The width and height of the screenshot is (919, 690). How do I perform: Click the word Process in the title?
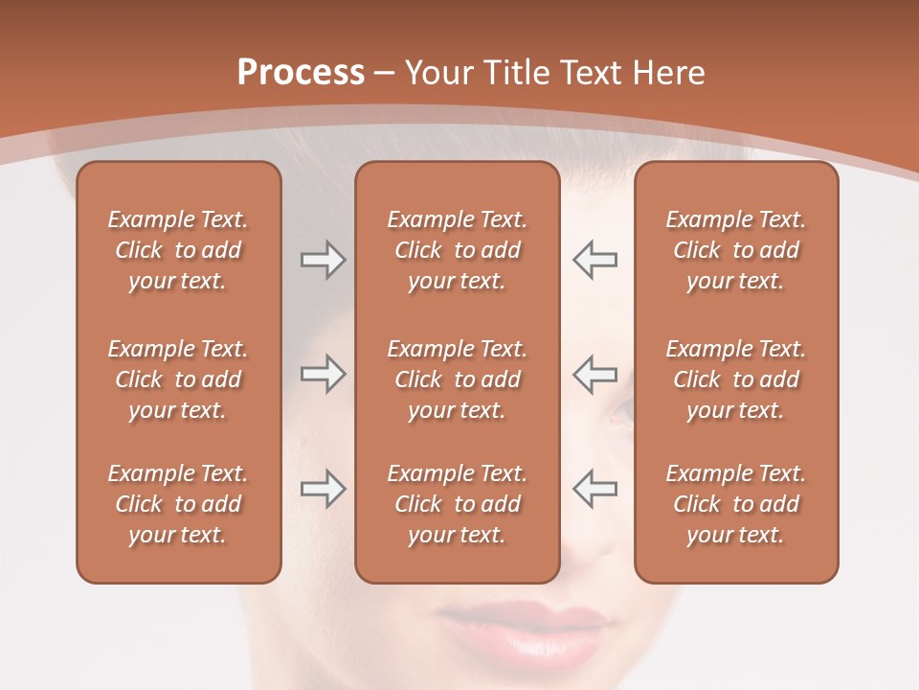[x=301, y=73]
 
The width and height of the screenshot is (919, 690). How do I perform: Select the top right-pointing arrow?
[x=323, y=260]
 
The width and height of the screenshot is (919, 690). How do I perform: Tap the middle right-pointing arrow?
[x=323, y=374]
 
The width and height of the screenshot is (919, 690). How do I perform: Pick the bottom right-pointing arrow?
[x=323, y=489]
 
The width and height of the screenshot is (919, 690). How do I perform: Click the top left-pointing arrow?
[x=595, y=260]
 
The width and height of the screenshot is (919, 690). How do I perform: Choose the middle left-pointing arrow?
[x=595, y=374]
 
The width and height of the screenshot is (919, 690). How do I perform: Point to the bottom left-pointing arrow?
[x=595, y=489]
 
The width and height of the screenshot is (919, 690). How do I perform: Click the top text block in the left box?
[x=178, y=250]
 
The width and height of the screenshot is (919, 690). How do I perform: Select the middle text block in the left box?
[x=178, y=379]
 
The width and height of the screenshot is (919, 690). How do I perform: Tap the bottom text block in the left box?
[x=178, y=504]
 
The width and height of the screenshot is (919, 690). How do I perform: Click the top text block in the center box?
[x=457, y=250]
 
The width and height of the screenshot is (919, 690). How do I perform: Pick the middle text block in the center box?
[x=457, y=379]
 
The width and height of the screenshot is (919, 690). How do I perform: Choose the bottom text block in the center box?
[x=457, y=504]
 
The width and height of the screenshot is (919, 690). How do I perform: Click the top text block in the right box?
[x=735, y=250]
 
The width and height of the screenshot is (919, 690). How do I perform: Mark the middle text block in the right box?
[x=735, y=379]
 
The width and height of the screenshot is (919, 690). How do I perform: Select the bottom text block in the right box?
[x=735, y=504]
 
